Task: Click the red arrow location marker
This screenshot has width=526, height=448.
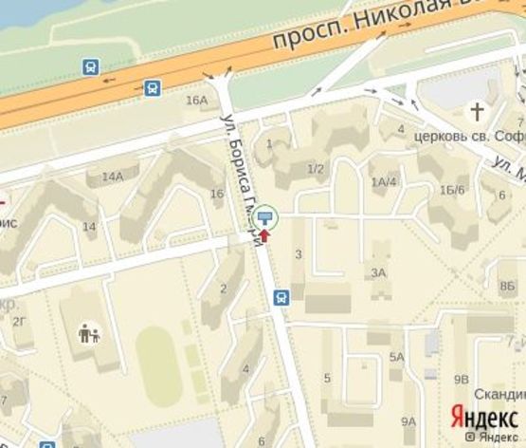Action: (x=264, y=234)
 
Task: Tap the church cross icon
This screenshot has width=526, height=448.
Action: (x=471, y=110)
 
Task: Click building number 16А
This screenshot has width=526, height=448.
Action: (x=196, y=100)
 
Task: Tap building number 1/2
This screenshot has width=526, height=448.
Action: (x=316, y=169)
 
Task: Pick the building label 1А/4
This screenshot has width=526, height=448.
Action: (x=384, y=181)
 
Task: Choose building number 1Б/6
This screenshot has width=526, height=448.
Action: (x=452, y=190)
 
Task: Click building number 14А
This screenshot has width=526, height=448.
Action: (x=114, y=176)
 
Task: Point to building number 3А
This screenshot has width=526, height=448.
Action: (x=379, y=272)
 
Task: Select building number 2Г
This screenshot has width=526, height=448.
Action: (x=19, y=321)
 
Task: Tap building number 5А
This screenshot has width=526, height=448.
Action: (x=397, y=357)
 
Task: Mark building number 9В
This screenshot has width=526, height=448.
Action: (x=462, y=379)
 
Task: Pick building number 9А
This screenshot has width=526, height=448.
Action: (x=408, y=420)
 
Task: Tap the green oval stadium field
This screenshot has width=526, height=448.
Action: (x=158, y=365)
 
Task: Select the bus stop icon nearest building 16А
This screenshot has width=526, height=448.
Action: (x=153, y=88)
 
